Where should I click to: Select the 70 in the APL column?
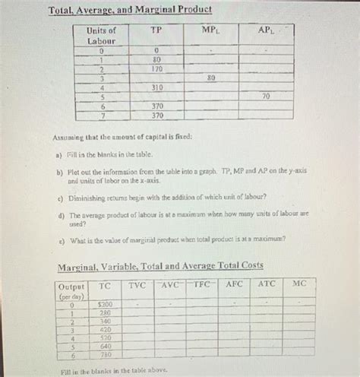[265, 97]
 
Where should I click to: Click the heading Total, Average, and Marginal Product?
[130, 10]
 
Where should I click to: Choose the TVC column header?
[137, 284]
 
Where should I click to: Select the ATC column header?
[267, 284]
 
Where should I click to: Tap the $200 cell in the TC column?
[104, 303]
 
